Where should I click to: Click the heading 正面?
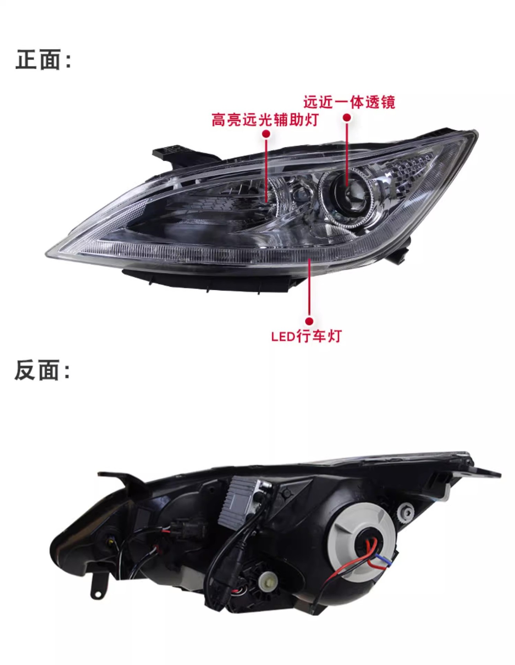[x=43, y=60]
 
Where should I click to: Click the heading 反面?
[x=42, y=370]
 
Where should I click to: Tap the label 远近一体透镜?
[x=349, y=102]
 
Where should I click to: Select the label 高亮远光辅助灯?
[x=265, y=120]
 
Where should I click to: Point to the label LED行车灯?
[x=306, y=336]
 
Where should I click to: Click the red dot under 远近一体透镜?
[x=347, y=118]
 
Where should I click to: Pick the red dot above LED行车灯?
[x=309, y=321]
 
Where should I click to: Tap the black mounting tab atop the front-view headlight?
[x=173, y=152]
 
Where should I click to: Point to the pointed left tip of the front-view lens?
[x=48, y=254]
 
